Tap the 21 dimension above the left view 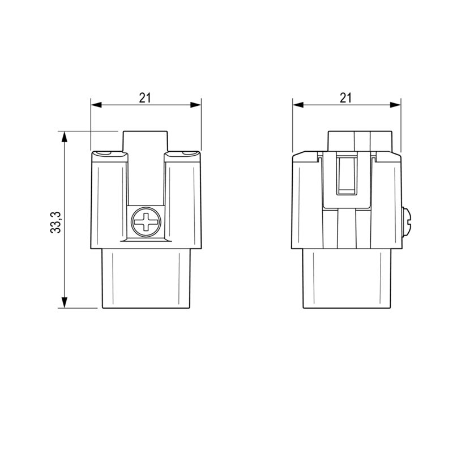[x=146, y=97]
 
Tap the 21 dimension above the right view [x=346, y=97]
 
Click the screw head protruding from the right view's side [x=407, y=222]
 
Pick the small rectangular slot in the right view [x=347, y=176]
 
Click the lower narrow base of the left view [x=146, y=279]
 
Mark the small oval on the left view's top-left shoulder [x=104, y=153]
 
